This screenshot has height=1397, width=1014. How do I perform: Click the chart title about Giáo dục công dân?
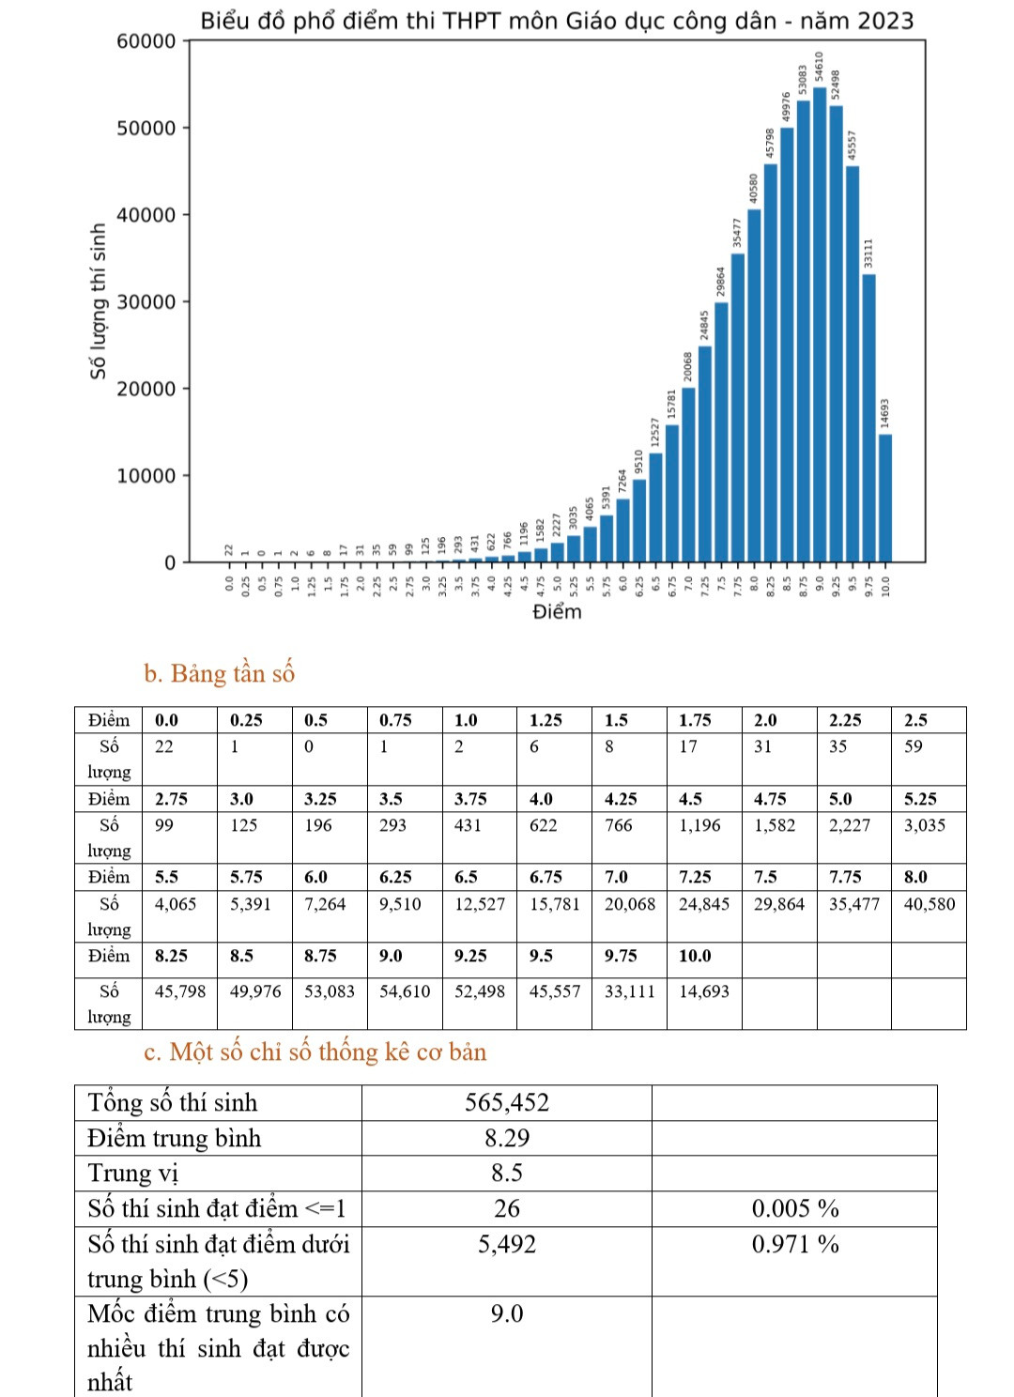tap(557, 21)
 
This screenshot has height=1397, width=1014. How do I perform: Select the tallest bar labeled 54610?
tap(820, 324)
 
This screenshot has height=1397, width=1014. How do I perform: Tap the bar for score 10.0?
tap(885, 498)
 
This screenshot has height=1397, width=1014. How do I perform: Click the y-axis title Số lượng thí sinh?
tap(98, 301)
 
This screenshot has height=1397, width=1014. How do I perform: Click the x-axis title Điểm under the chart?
tap(557, 612)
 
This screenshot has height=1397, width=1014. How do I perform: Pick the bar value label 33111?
tap(868, 253)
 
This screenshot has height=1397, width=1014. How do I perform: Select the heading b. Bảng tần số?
tap(219, 673)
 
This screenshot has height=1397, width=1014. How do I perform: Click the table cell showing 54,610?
tap(404, 991)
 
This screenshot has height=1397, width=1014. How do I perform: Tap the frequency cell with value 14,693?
tap(704, 991)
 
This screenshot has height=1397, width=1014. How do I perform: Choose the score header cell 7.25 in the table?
tap(696, 877)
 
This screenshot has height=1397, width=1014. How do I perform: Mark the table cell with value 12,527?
tap(479, 904)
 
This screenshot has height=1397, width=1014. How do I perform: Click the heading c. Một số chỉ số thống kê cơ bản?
tap(315, 1052)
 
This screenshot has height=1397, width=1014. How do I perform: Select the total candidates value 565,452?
tap(507, 1102)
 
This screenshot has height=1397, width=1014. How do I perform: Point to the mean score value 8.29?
tap(507, 1138)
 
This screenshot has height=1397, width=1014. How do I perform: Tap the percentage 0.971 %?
tap(795, 1244)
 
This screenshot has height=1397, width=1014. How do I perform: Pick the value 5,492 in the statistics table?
tap(507, 1244)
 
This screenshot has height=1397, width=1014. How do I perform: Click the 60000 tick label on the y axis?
tap(146, 40)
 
